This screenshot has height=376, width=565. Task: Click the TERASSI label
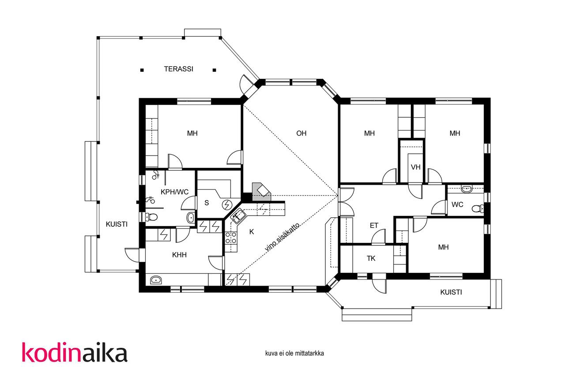(x=179, y=69)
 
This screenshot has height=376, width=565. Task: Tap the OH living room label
(x=301, y=133)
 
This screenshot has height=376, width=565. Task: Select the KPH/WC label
(x=174, y=192)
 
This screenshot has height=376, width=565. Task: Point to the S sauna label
(x=207, y=203)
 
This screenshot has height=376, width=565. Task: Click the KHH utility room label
(x=179, y=255)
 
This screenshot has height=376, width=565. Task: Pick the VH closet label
(x=416, y=167)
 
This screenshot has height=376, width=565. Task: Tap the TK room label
(x=371, y=258)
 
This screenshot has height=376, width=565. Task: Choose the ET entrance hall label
(x=374, y=226)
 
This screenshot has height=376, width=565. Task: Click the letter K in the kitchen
(x=252, y=232)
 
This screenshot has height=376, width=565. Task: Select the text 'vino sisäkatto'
(x=282, y=237)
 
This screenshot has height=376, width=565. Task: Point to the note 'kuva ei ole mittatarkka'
(x=294, y=354)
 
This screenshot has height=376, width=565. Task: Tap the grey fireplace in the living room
(x=262, y=192)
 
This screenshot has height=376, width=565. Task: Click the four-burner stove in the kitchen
(x=231, y=238)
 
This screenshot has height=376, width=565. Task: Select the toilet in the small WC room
(x=478, y=208)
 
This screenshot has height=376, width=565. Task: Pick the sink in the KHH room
(x=156, y=280)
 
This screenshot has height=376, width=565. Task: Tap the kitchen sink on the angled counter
(x=238, y=216)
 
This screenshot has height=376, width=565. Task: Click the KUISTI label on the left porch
(x=117, y=224)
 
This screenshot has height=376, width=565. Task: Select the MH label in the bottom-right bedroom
(x=444, y=247)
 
